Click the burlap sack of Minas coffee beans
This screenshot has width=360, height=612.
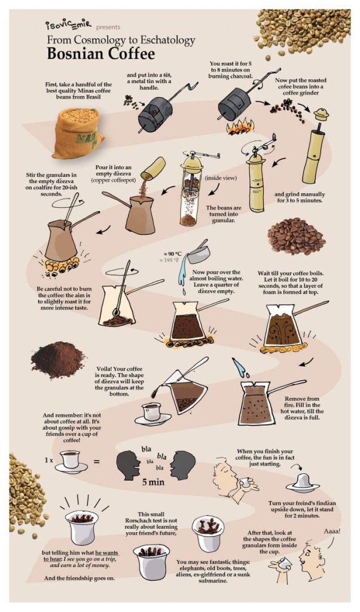tap(77, 133)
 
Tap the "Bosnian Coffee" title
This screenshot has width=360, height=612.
tap(100, 53)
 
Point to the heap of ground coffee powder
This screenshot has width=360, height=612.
tap(57, 360)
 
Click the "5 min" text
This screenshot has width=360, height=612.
tap(153, 482)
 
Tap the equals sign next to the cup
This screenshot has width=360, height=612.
tap(96, 462)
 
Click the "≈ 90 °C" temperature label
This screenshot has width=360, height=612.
tap(172, 254)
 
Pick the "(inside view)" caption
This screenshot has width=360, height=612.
tap(221, 178)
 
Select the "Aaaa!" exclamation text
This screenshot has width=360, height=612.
tap(332, 531)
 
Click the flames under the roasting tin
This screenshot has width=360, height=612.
tap(239, 127)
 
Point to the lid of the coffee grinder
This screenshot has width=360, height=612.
tap(321, 114)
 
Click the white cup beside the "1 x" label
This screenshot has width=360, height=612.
tap(71, 461)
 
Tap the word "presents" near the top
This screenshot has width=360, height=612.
tap(108, 27)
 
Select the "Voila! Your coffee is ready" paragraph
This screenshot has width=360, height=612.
tap(119, 381)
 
